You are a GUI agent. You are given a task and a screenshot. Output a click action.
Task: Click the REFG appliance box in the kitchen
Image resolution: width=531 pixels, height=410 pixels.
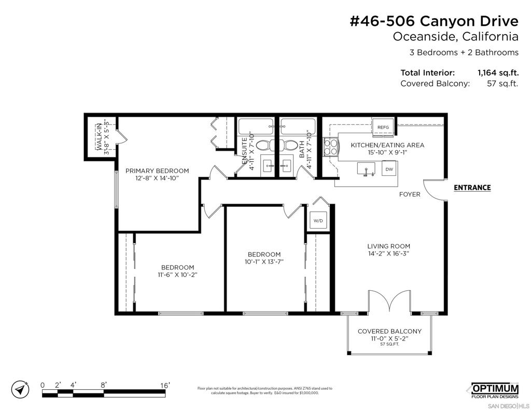[x=383, y=128]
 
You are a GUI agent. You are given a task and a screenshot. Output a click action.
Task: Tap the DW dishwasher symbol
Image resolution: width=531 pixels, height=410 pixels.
[x=389, y=169]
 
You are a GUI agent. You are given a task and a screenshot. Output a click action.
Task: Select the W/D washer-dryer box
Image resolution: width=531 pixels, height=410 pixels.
[x=318, y=221]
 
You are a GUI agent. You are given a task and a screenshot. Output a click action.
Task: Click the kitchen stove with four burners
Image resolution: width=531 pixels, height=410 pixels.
[x=330, y=147]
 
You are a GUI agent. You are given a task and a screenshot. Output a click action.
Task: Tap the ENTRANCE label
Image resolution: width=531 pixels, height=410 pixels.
[x=472, y=188]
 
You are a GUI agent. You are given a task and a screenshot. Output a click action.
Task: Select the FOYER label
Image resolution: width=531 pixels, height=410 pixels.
[x=410, y=194]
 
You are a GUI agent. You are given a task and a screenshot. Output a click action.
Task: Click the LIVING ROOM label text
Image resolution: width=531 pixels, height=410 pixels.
[x=388, y=246]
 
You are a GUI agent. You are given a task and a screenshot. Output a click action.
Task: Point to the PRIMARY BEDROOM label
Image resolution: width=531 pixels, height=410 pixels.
[x=157, y=171]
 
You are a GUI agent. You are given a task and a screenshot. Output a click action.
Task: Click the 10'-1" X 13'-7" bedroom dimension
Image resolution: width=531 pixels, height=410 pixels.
[x=264, y=262]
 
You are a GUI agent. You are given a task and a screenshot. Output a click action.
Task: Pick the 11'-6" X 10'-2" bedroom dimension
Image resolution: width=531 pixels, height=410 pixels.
[x=177, y=275]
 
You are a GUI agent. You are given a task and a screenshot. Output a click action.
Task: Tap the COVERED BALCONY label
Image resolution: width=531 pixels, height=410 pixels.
[x=389, y=331]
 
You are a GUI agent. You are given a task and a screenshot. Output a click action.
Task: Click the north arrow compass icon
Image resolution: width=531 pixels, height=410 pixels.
[x=20, y=389]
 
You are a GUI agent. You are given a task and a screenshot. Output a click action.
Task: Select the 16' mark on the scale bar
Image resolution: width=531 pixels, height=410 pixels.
[x=164, y=385]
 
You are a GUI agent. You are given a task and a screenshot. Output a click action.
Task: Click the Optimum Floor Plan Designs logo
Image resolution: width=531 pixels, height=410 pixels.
[x=495, y=391]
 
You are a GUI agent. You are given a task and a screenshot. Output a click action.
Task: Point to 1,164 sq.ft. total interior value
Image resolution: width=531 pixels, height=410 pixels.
[x=498, y=73]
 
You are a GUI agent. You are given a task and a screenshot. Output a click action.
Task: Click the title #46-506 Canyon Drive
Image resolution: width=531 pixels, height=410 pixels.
[x=434, y=21]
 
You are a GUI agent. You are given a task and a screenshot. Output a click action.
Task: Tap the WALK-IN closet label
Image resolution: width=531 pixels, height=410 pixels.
[x=99, y=137]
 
